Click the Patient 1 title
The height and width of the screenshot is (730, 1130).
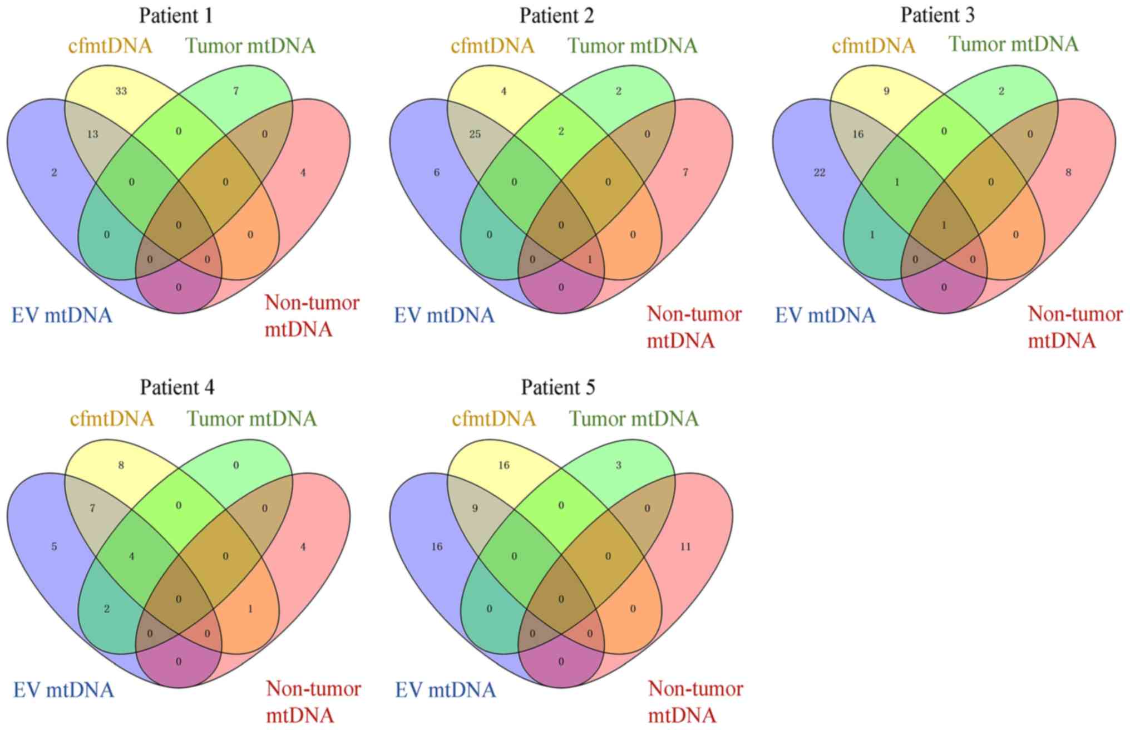tap(176, 16)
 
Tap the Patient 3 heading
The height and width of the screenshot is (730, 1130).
tap(937, 15)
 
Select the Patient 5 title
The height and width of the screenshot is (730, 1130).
tap(558, 387)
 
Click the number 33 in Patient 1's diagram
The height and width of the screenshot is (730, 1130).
tap(121, 91)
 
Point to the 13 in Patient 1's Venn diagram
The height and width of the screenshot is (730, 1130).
tap(93, 134)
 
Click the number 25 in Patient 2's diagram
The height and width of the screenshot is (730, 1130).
tap(475, 134)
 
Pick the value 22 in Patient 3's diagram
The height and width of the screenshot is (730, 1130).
tap(819, 172)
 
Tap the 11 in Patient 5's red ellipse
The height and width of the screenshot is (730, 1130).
tap(685, 547)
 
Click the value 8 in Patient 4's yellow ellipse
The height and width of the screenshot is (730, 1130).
tap(121, 465)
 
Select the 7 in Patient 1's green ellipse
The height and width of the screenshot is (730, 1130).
tap(236, 91)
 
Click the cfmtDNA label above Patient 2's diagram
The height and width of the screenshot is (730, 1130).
tap(492, 46)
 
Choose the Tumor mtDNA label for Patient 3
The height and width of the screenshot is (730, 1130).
tap(1013, 44)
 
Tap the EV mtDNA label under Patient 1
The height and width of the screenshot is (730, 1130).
tap(62, 315)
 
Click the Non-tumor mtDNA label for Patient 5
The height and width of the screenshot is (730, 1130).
tap(695, 702)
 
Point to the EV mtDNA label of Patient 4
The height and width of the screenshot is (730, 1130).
tap(63, 690)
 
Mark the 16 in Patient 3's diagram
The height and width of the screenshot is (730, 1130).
tap(858, 134)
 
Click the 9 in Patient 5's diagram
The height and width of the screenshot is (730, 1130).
tap(475, 509)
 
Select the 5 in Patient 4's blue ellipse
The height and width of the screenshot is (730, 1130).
tap(54, 547)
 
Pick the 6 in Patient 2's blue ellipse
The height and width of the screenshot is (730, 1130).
tap(437, 172)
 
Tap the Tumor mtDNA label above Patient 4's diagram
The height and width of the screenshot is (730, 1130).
tap(251, 418)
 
